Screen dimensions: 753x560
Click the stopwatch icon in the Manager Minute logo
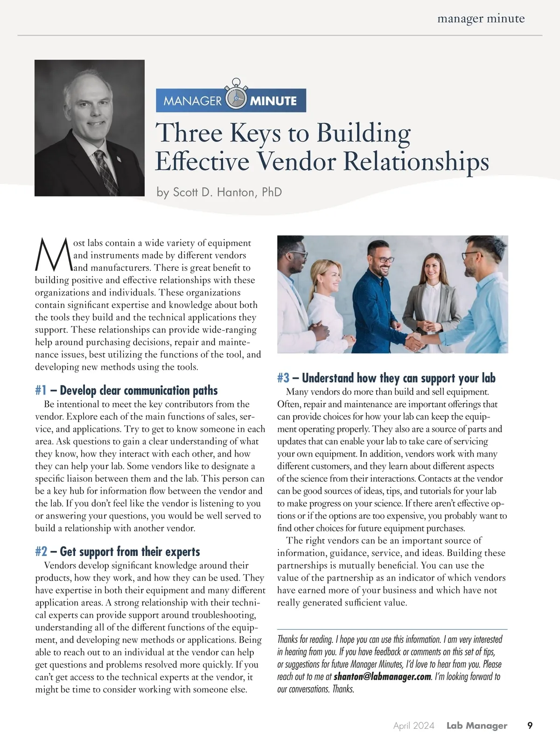(x=236, y=99)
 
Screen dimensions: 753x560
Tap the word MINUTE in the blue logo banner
(x=273, y=101)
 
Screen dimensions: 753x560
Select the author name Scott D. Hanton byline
(x=219, y=192)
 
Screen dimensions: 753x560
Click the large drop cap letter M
(x=53, y=255)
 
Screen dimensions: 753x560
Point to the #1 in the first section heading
(x=41, y=390)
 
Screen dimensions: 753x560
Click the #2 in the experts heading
(x=41, y=552)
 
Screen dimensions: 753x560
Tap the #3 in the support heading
(x=283, y=378)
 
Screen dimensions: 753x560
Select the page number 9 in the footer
(x=530, y=725)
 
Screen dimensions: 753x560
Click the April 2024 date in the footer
(x=413, y=725)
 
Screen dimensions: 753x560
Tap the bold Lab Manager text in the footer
(x=476, y=725)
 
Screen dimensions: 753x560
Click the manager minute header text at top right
(x=481, y=19)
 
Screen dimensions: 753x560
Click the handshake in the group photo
(x=413, y=341)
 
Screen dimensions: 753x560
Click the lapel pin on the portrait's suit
(x=118, y=162)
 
